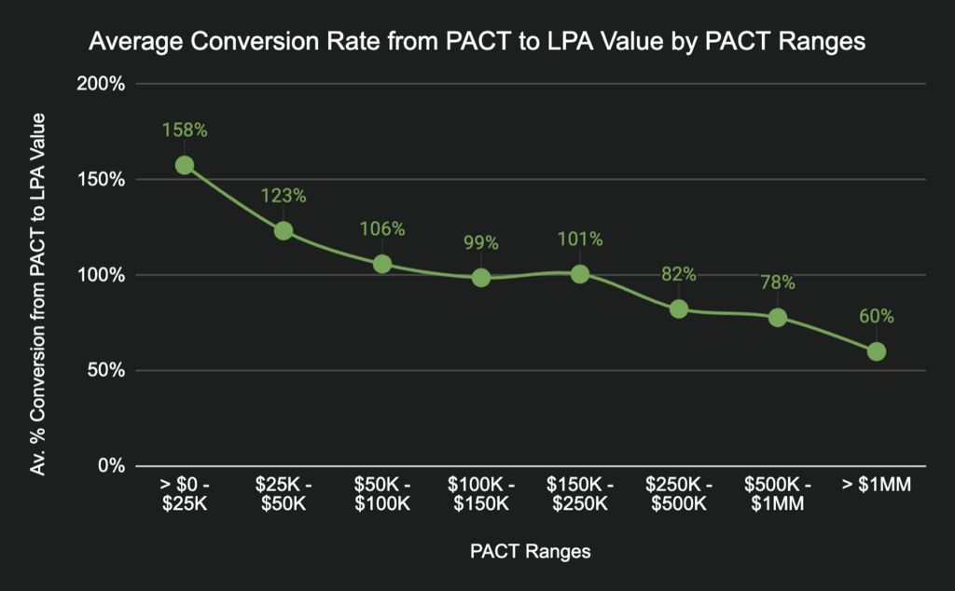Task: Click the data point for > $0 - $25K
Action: click(x=185, y=165)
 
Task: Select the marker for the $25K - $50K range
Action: click(x=284, y=230)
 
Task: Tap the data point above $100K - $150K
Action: click(x=481, y=277)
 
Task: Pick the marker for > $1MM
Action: click(x=877, y=351)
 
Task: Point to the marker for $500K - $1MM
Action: click(x=778, y=317)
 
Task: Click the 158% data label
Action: click(x=185, y=131)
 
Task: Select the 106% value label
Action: click(x=382, y=228)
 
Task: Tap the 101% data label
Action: click(x=580, y=239)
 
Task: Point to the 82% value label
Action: click(x=679, y=274)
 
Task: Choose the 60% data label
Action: click(x=877, y=316)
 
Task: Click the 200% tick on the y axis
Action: click(x=105, y=84)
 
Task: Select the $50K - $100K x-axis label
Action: click(x=382, y=494)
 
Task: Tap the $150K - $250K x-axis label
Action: click(x=580, y=494)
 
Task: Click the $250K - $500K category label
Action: click(x=679, y=494)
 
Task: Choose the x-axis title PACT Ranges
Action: click(x=531, y=551)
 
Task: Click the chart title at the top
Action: click(x=477, y=42)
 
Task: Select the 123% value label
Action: click(x=284, y=196)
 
